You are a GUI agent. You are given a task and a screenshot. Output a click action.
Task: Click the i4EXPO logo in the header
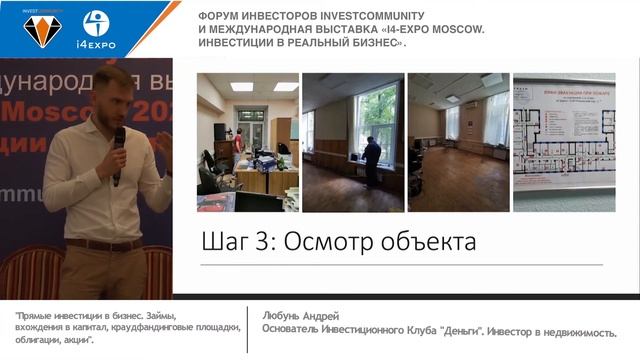pos(97,29)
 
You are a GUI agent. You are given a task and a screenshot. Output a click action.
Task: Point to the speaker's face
pos(113,97)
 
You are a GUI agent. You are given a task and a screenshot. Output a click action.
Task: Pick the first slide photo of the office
pos(247,142)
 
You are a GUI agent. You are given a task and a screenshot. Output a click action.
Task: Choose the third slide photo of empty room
pos(457,142)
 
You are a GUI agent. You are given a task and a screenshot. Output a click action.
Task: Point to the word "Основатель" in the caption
pos(291,330)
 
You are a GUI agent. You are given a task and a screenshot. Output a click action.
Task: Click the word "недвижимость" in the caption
pos(576,330)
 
